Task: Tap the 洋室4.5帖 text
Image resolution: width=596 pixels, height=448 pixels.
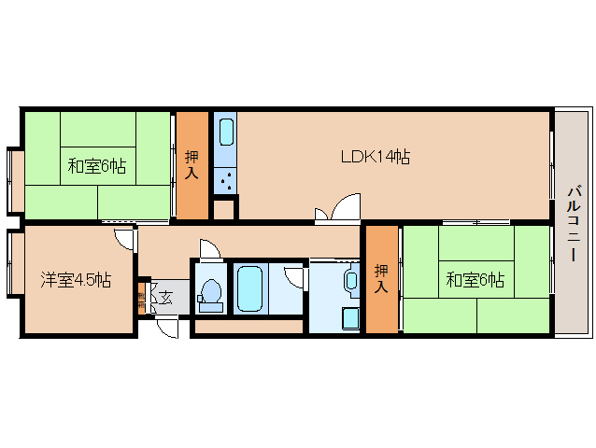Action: point(76,278)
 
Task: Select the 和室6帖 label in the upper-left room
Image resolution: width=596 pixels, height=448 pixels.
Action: point(97,167)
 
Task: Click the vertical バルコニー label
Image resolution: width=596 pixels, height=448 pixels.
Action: point(574,224)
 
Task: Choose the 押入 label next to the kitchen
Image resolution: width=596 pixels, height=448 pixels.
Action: point(192,165)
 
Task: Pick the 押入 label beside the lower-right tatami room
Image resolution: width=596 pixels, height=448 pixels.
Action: point(381,279)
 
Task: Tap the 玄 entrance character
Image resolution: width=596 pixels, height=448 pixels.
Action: point(164,299)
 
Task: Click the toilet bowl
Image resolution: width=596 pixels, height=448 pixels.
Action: point(210,295)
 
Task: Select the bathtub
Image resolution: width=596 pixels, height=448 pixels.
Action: point(249,289)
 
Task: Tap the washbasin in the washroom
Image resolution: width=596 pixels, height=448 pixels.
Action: point(351,279)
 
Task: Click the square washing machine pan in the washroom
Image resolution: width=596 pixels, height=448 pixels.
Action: point(350,317)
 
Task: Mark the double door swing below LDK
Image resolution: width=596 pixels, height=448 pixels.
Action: point(336,210)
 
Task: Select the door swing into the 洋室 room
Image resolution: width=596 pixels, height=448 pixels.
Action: point(125,238)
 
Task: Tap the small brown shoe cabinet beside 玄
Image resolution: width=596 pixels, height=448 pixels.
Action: point(141,301)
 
